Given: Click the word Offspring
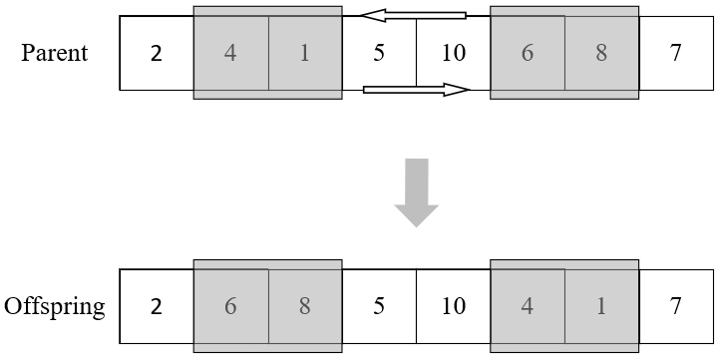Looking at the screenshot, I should click(x=55, y=306).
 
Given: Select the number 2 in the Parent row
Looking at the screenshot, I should click(x=156, y=53).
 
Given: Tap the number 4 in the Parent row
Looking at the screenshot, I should click(x=230, y=53).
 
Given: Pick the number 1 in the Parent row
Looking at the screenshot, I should click(x=304, y=53).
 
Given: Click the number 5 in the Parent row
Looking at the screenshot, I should click(x=379, y=53).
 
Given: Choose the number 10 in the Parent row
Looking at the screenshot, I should click(x=453, y=53).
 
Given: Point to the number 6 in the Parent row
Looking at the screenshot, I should click(x=528, y=53).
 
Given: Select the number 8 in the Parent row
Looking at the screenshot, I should click(x=601, y=53).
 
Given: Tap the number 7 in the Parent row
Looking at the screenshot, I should click(x=676, y=53).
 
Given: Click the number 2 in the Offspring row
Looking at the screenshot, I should click(x=156, y=306).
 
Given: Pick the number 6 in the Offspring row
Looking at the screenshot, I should click(x=230, y=306).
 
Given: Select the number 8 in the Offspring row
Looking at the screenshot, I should click(x=304, y=306).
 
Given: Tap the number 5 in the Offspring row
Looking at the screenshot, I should click(x=379, y=306).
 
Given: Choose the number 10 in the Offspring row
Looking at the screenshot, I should click(x=453, y=306).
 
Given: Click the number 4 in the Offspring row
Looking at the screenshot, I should click(x=528, y=306).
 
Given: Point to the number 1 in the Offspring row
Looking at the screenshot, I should click(x=601, y=306).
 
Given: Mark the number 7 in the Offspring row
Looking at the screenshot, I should click(x=676, y=306).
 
